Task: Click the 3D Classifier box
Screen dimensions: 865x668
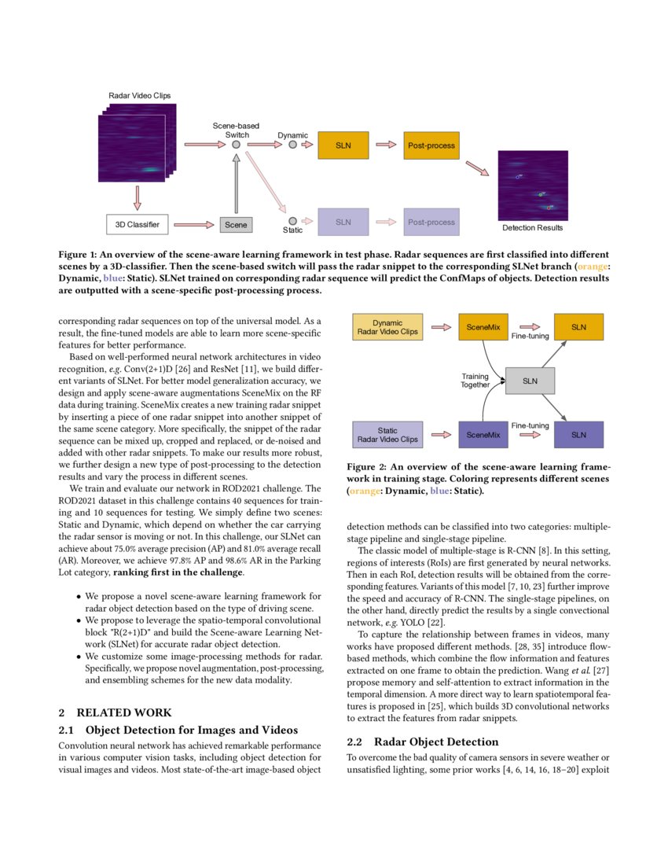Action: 138,225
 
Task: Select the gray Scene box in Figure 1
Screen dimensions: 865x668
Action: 236,225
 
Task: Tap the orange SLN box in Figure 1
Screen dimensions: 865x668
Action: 343,145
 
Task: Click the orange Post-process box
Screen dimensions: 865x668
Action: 431,145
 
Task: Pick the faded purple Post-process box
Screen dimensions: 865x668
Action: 431,223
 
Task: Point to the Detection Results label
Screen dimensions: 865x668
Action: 532,228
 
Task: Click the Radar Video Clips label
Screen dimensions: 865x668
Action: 139,96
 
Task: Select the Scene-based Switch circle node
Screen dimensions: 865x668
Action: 236,145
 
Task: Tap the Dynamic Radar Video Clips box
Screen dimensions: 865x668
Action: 387,327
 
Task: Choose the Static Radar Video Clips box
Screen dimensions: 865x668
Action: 387,435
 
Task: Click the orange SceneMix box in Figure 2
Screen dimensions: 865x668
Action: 483,327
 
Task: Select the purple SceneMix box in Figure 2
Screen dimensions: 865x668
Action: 483,435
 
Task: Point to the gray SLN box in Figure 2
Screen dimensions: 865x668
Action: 530,381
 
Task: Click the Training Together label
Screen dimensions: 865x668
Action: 475,381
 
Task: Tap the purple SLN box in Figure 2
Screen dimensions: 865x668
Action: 578,435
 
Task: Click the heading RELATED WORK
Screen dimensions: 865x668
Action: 115,712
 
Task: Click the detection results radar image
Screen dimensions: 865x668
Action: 532,186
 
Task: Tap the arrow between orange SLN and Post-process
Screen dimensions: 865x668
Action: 386,145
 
